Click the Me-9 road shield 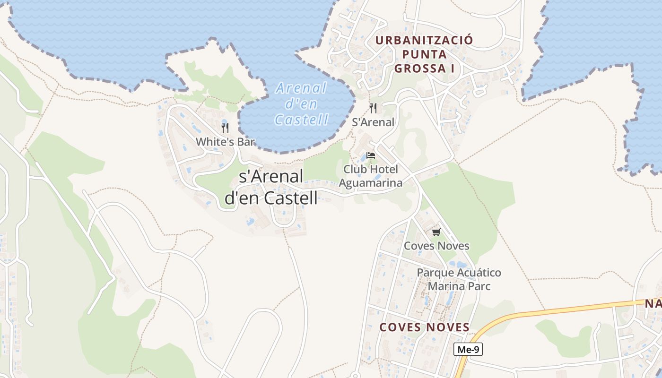pos(468,350)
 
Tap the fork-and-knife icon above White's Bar pos(225,128)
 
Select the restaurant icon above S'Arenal pos(373,108)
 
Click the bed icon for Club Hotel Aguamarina pos(371,155)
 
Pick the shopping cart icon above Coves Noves pos(436,232)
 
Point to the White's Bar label pos(226,142)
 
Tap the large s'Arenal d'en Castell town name pos(271,187)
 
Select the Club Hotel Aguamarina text pos(371,176)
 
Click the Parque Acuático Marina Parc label pos(459,279)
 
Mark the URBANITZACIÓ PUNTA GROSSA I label pos(424,54)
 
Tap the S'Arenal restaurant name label pos(373,122)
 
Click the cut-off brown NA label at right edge pos(653,303)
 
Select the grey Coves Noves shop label pos(436,246)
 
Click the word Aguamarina pos(371,183)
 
